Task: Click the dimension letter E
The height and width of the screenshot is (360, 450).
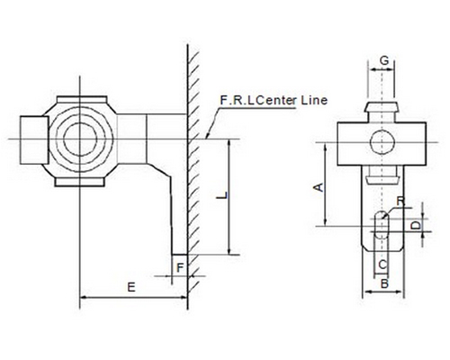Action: (x=131, y=287)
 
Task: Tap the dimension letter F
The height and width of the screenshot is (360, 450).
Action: (x=180, y=267)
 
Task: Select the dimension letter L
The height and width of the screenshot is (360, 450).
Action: (x=222, y=195)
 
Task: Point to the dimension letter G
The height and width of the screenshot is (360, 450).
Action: (x=384, y=60)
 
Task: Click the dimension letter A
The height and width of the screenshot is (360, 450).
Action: (x=319, y=186)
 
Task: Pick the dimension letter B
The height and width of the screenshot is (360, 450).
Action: (x=384, y=283)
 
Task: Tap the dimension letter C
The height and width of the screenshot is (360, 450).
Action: (x=382, y=265)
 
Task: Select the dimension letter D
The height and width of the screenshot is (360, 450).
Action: (x=416, y=226)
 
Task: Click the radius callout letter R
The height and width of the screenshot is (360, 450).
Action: (x=400, y=202)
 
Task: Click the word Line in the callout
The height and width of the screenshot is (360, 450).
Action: (x=314, y=100)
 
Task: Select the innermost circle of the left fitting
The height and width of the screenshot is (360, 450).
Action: (x=80, y=139)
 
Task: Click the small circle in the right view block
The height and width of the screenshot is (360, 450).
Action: (x=382, y=142)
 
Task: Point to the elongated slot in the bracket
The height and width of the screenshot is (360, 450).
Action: (x=382, y=224)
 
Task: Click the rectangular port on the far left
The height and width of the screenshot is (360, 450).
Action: (x=34, y=139)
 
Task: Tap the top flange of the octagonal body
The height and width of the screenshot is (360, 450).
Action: (x=82, y=99)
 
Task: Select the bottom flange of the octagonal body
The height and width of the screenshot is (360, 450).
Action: (x=80, y=182)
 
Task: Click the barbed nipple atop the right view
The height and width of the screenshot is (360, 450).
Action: (x=382, y=112)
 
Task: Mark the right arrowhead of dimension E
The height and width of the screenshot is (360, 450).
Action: (x=184, y=297)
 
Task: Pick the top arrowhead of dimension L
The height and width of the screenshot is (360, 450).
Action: (x=229, y=143)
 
